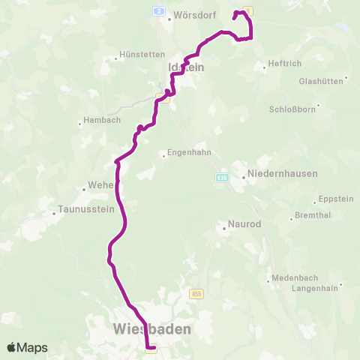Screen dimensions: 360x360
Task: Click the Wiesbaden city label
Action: coord(151,328)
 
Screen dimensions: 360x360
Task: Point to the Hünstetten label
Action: coord(141,55)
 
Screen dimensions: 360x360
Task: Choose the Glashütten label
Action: coord(321,80)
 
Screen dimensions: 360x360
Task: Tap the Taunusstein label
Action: coord(82,212)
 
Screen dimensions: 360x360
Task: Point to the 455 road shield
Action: coord(196,293)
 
